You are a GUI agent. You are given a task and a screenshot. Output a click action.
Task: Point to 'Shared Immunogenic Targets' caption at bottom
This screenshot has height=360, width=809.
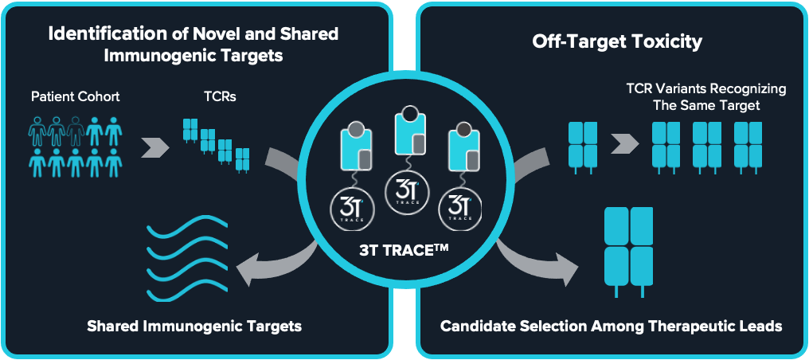tap(194, 327)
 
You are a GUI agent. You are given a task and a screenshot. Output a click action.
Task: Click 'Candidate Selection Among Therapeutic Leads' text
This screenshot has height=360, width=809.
tap(611, 327)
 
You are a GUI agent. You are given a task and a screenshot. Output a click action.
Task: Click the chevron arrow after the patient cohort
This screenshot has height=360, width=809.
tap(157, 147)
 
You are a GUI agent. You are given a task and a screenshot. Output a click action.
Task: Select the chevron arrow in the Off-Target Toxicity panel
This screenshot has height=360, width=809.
tap(626, 144)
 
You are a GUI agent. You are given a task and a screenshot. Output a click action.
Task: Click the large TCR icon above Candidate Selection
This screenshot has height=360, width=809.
tap(629, 248)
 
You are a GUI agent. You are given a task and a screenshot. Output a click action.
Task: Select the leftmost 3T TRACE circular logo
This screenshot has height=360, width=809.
tap(351, 209)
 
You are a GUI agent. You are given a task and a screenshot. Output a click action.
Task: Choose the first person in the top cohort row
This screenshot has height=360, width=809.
tap(37, 130)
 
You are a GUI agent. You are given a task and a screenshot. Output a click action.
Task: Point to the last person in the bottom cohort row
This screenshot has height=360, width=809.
tap(113, 163)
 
